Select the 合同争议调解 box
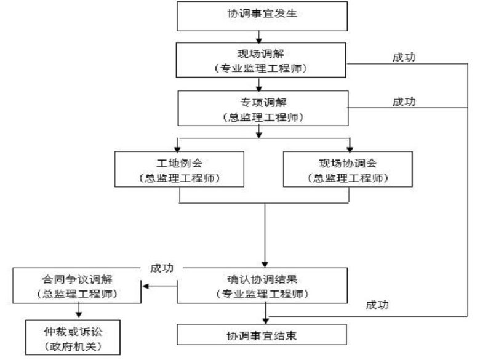click(x=78, y=286)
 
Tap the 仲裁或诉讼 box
click(x=78, y=334)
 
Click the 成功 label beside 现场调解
click(x=404, y=57)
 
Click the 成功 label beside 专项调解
click(x=404, y=102)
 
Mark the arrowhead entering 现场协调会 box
click(x=349, y=148)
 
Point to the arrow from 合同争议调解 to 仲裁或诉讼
click(x=78, y=311)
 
